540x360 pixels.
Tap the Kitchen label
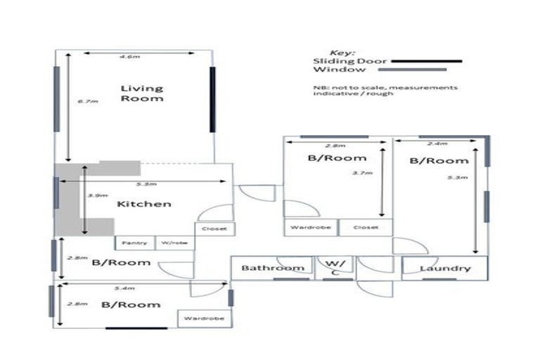143,204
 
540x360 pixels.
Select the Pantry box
134,243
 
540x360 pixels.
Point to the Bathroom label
273,268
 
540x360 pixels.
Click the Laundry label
444,269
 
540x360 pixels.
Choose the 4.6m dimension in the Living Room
127,55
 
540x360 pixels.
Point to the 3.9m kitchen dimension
92,195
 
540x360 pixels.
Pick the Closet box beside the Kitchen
215,229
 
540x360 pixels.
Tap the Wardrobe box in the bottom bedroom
204,319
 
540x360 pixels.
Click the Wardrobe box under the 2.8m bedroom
311,228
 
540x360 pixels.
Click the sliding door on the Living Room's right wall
212,100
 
